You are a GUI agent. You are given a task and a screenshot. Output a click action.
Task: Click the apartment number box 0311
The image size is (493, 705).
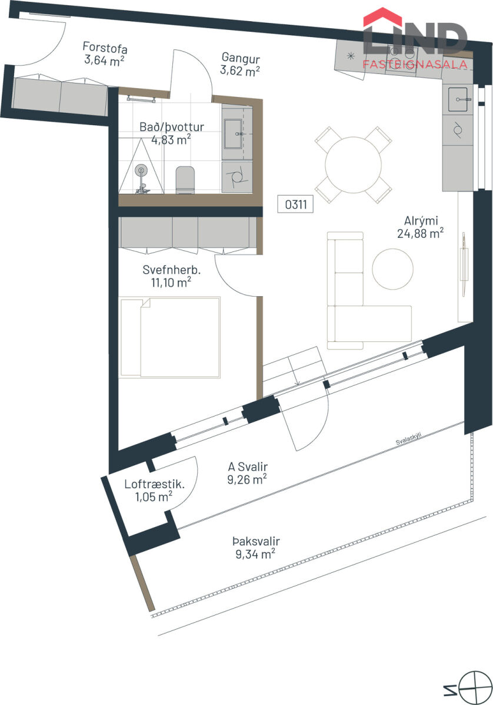tap(295, 204)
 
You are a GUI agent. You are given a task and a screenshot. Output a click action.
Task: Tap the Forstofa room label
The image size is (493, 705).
tap(105, 48)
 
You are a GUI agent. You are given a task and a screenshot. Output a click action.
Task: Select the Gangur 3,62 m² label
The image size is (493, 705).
tap(240, 64)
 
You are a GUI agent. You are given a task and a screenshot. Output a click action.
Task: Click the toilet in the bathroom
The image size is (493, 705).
tap(185, 180)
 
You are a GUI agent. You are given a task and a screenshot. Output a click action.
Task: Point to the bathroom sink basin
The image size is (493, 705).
tap(233, 133)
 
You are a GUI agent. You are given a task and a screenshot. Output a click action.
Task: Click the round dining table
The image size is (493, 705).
tap(353, 164)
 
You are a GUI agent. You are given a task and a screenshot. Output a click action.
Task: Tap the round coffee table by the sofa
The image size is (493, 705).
tap(392, 268)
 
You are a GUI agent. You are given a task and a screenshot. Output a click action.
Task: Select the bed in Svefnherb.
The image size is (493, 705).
tap(170, 337)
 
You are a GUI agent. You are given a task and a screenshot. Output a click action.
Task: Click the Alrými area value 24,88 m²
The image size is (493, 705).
tap(421, 234)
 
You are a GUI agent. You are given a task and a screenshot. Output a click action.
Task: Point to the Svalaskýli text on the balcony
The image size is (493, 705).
tap(408, 439)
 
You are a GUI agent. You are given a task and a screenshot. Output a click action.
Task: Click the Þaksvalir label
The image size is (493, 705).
tap(257, 541)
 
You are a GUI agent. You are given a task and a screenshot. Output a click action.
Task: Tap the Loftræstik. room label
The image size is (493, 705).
tap(155, 484)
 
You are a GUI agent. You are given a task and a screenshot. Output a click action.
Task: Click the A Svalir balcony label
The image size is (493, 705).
tap(248, 466)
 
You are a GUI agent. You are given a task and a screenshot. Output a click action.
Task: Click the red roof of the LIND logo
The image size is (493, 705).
tap(382, 16)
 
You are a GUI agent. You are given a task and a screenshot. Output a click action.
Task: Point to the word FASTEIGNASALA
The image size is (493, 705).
tap(415, 64)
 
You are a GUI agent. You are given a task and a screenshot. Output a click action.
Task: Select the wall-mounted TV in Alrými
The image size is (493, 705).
tap(464, 264)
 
